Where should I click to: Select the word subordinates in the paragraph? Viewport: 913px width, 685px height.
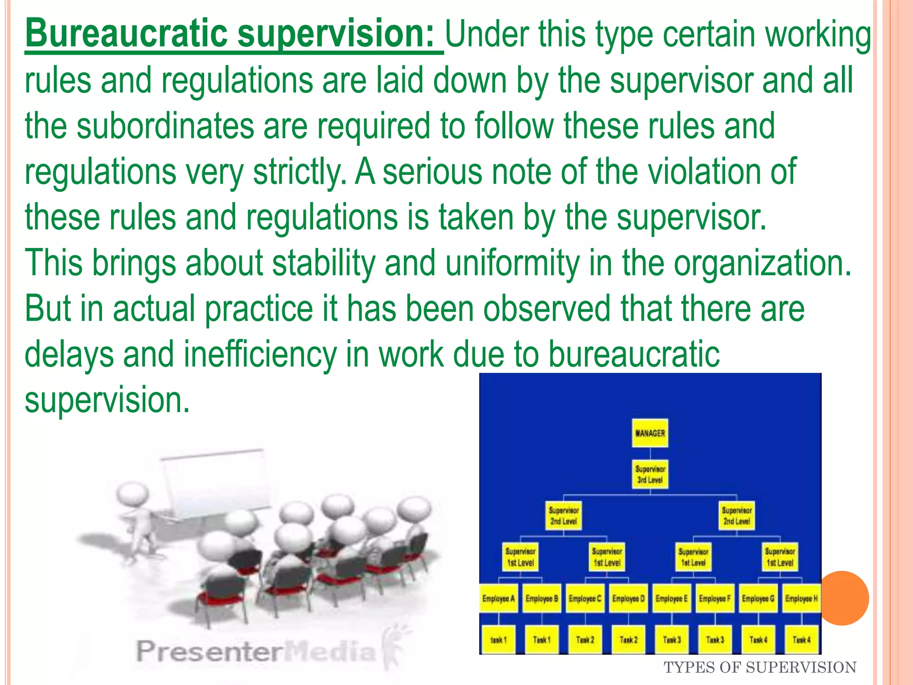(165, 126)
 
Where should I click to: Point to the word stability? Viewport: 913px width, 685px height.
(324, 263)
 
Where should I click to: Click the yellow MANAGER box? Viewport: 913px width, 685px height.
(650, 433)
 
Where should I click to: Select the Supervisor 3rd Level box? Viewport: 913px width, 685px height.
(650, 475)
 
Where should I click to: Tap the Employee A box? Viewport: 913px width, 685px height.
(498, 598)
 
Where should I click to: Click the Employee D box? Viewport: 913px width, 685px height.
(628, 598)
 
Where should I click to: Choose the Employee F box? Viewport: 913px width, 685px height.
(715, 598)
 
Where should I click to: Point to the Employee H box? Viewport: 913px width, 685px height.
(801, 598)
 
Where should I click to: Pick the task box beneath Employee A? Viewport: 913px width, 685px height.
(498, 640)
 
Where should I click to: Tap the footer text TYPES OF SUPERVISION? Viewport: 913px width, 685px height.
(760, 668)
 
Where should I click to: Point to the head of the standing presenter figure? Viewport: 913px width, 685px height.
(132, 496)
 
